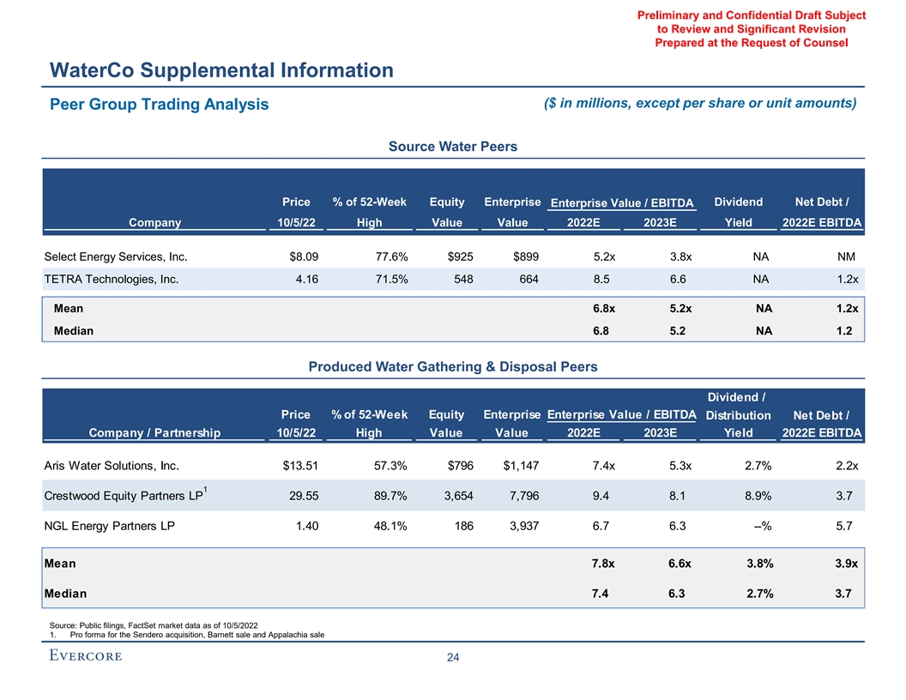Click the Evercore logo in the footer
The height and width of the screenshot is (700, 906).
84,656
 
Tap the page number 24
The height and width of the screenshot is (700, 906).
453,658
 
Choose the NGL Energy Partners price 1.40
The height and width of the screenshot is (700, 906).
305,526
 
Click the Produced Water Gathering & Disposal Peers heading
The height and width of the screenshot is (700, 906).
453,366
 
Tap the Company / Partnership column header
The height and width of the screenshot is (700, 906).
154,432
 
